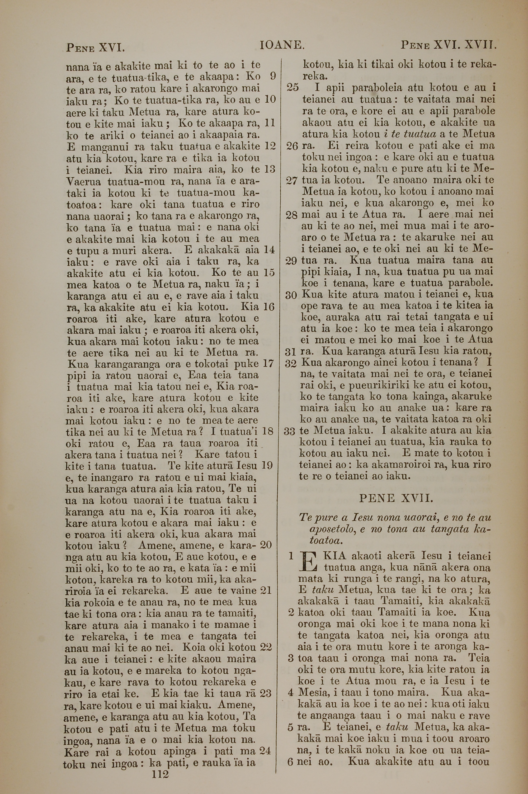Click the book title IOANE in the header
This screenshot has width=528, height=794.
click(x=282, y=45)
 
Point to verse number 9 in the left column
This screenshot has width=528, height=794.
click(x=272, y=76)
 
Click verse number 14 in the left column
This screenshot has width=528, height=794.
click(x=269, y=250)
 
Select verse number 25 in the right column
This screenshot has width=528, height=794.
click(x=292, y=88)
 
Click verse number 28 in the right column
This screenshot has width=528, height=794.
click(x=291, y=215)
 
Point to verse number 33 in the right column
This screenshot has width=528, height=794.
click(x=289, y=431)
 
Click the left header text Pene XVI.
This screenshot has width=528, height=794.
click(x=95, y=48)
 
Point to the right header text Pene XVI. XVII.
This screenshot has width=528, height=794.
click(x=449, y=45)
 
